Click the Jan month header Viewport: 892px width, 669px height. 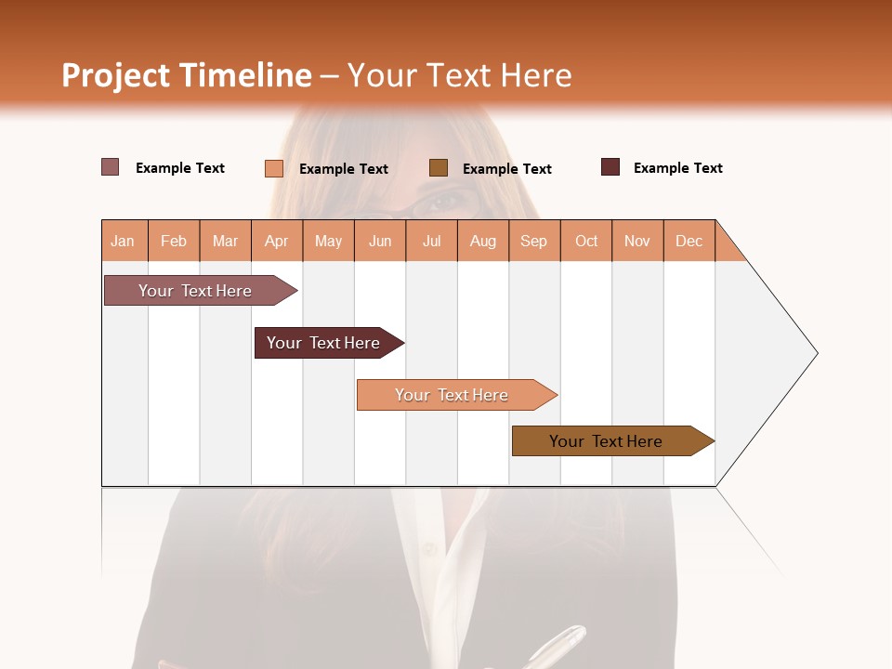click(123, 241)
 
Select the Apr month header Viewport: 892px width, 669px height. click(276, 241)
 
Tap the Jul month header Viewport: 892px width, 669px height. click(431, 241)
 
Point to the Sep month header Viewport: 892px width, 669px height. click(533, 241)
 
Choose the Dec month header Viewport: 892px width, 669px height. click(689, 241)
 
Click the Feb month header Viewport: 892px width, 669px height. click(174, 241)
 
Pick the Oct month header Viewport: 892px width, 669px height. click(586, 241)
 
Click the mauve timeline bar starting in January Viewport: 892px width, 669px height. click(195, 291)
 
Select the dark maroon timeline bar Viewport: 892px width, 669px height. click(323, 343)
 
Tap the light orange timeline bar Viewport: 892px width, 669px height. click(452, 395)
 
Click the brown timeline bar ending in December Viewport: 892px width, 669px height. click(606, 441)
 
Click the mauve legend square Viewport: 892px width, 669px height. click(111, 167)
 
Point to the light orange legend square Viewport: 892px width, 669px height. click(274, 168)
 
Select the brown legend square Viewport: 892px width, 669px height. click(439, 168)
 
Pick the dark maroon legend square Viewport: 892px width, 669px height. click(610, 167)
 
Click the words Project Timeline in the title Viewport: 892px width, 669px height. click(187, 75)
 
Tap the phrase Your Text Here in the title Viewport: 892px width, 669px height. click(459, 75)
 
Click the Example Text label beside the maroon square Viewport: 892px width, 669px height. click(677, 168)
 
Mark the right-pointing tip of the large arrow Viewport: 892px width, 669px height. click(815, 353)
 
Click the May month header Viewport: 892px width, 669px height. click(328, 241)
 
